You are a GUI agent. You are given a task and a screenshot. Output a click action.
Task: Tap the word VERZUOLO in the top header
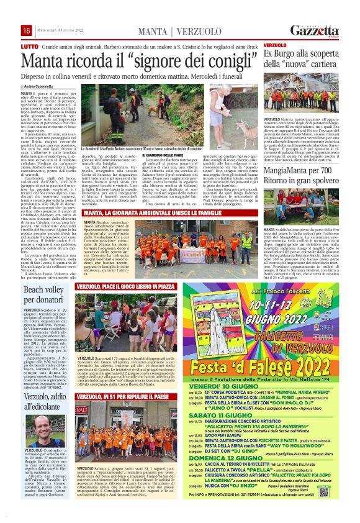tap(200, 31)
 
